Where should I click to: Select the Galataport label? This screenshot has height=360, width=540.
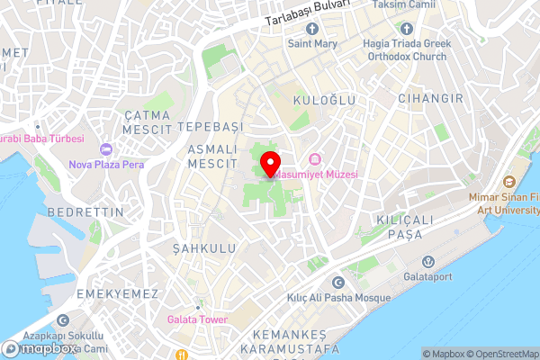pos(427,277)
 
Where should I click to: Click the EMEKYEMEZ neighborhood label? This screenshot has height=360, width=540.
pos(118,294)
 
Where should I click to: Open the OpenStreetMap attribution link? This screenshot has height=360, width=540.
pos(501,353)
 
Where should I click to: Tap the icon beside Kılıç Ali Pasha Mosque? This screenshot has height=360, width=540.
pos(338,283)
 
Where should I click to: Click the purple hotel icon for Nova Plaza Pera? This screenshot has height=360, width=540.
pos(106,148)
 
